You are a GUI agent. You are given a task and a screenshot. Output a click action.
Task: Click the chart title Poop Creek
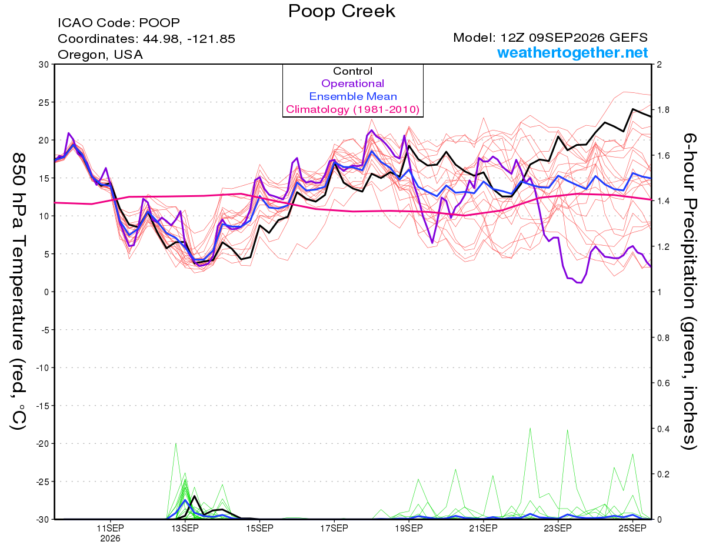pos(341,11)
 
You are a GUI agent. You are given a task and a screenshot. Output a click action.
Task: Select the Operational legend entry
pos(352,83)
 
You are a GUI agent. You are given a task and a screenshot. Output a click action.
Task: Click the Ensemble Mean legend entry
pos(353,96)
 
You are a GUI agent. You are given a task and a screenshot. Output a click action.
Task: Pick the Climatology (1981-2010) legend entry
pos(353,109)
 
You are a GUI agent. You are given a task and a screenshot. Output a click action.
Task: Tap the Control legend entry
pos(353,71)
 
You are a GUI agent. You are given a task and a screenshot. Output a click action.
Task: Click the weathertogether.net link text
pos(572,53)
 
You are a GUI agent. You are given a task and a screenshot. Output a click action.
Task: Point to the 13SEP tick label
pos(185,529)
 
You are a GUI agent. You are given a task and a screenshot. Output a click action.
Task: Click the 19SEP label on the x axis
pos(409,529)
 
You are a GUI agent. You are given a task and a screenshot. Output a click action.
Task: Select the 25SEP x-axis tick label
pos(632,529)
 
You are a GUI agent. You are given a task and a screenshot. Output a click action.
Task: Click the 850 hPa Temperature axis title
pos(18,292)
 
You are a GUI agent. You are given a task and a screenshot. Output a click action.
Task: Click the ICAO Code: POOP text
pos(119,23)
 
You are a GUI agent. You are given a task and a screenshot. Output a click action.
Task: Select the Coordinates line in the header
pos(146,39)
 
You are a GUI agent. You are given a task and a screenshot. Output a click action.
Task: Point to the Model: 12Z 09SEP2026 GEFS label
pos(550,38)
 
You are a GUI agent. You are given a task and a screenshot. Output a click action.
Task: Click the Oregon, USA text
pos(101,55)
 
